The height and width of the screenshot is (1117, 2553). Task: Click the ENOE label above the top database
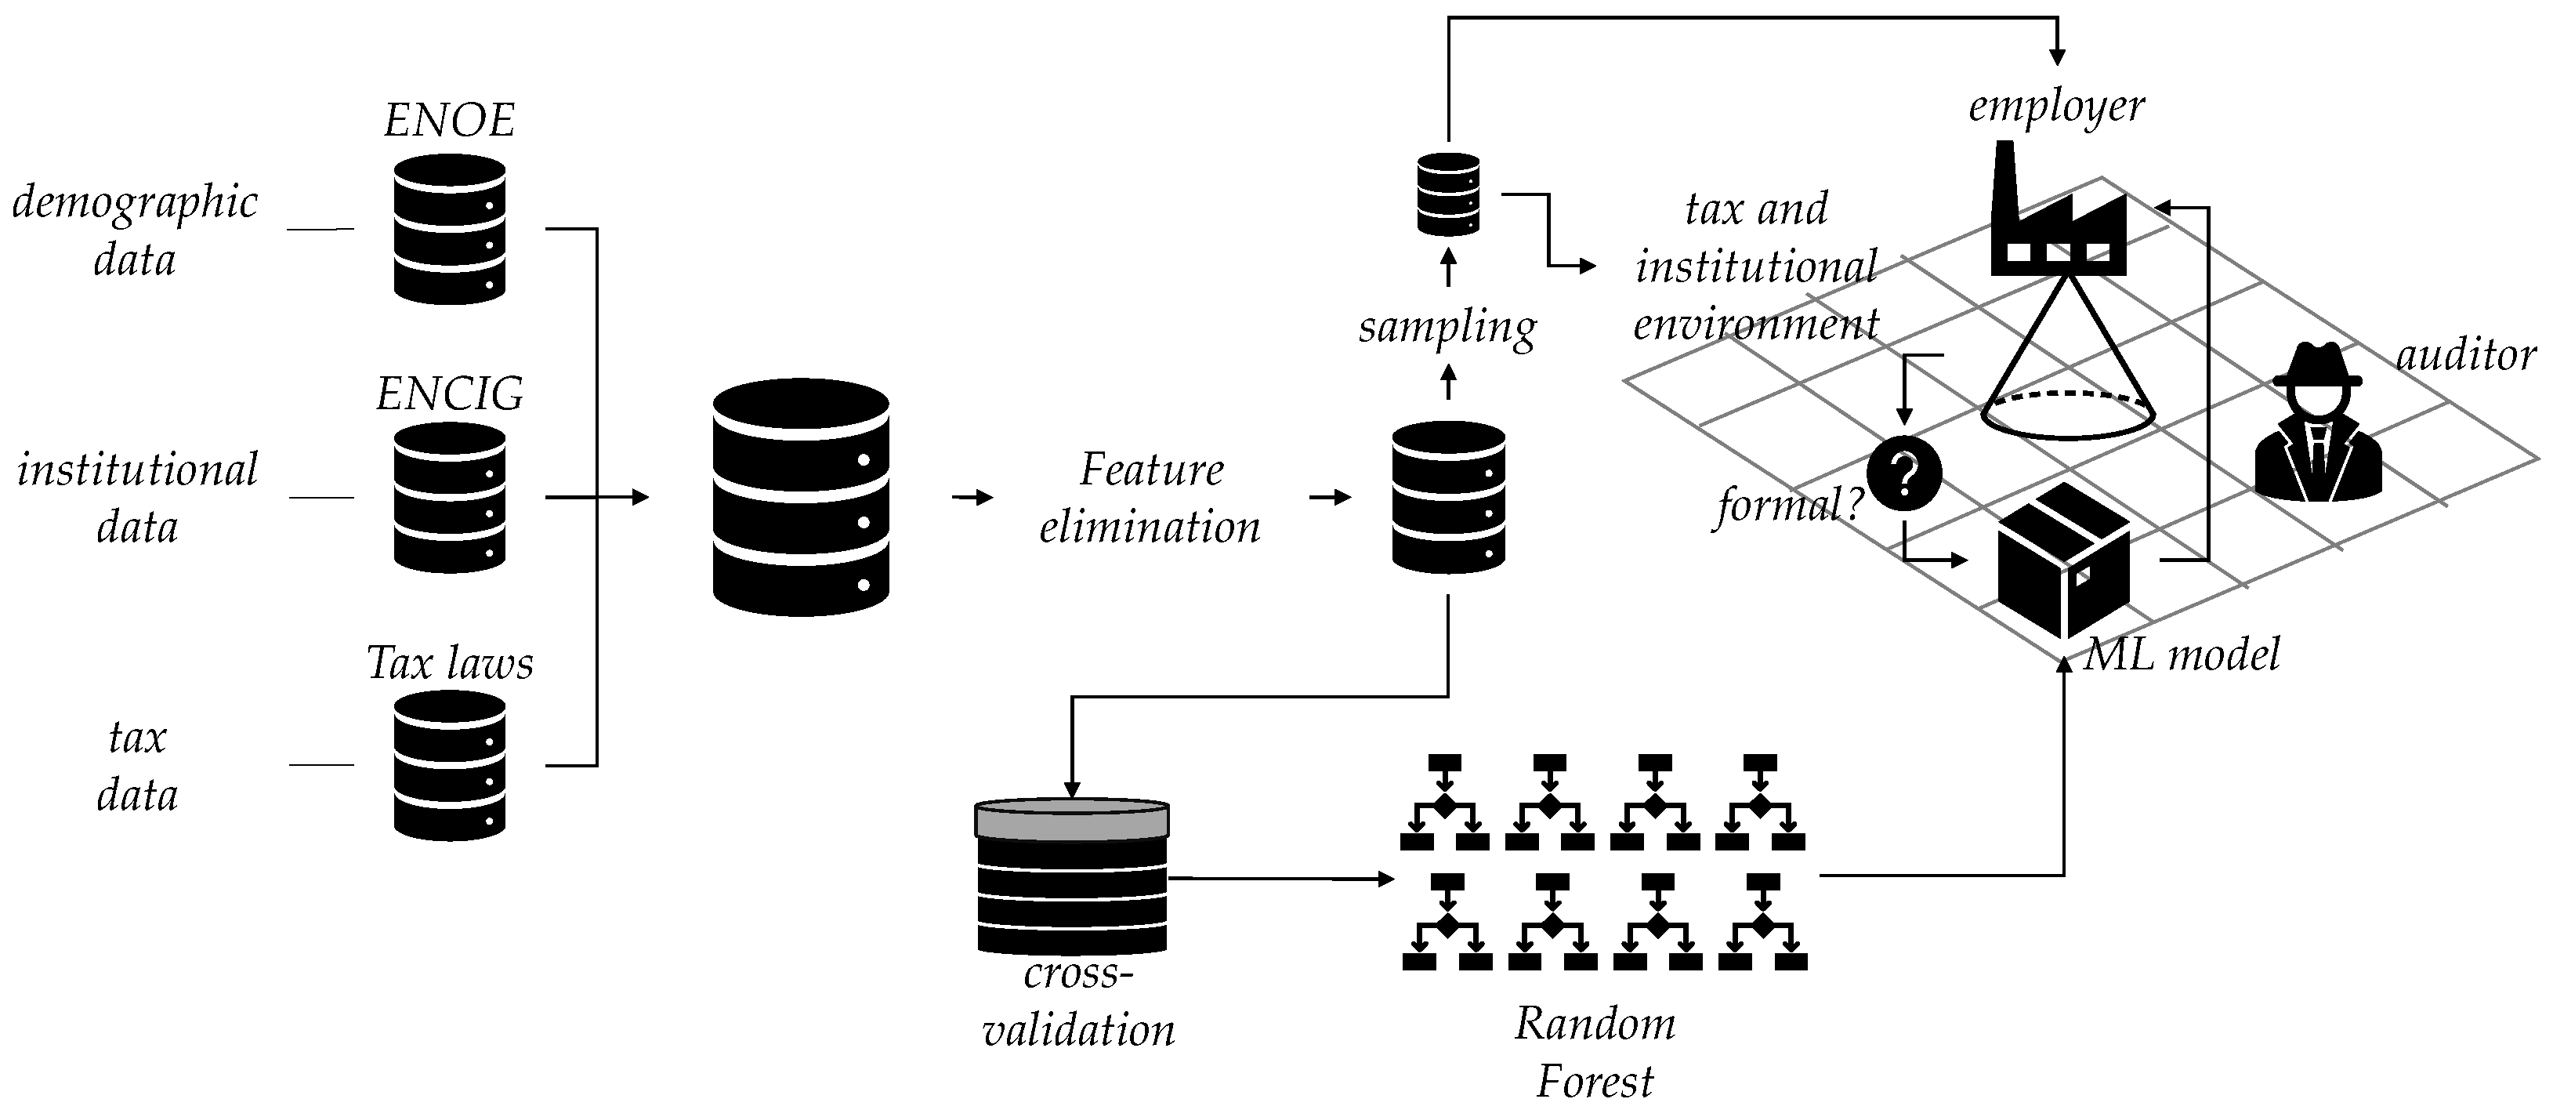pos(449,121)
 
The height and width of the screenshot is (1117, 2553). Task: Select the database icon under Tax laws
pos(449,764)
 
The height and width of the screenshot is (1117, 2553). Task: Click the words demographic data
pos(135,230)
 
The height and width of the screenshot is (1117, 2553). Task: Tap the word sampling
pos(1447,326)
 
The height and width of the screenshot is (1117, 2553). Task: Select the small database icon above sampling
pos(1448,194)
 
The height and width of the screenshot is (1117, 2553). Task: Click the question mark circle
pos(1904,473)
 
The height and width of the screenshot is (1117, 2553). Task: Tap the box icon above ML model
pos(2062,560)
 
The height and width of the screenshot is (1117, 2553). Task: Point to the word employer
pos(2055,105)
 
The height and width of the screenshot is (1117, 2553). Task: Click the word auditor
pos(2464,355)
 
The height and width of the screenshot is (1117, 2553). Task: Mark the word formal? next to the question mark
pos(1789,506)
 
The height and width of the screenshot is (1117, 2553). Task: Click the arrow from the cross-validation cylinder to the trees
pos(1279,878)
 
